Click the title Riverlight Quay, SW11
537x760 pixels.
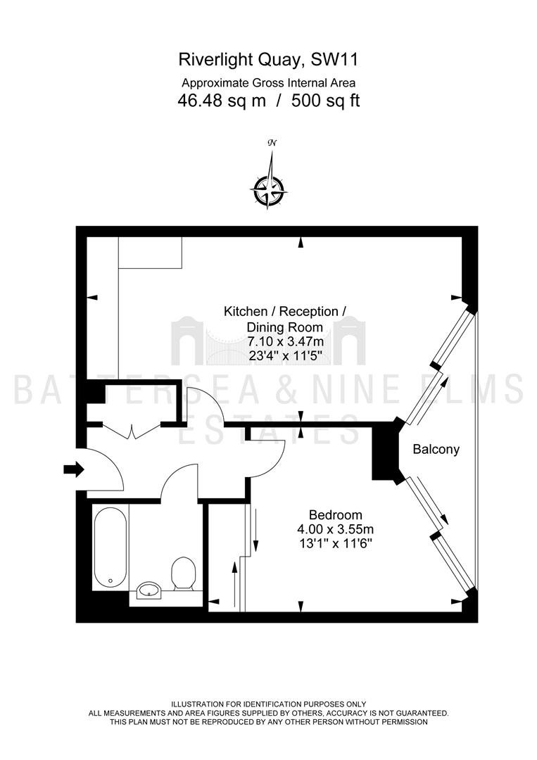click(269, 60)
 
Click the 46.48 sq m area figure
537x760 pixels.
click(222, 101)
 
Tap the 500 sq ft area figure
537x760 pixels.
click(326, 101)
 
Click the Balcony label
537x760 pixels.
click(436, 449)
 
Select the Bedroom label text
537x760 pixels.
click(336, 514)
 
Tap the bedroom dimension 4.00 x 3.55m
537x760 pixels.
click(336, 528)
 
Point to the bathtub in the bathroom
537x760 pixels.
click(110, 547)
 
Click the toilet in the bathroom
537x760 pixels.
click(183, 574)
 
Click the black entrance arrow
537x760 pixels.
click(74, 469)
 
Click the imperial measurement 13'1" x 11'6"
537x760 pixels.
click(336, 543)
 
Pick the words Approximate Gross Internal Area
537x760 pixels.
click(269, 82)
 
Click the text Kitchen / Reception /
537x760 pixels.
click(285, 311)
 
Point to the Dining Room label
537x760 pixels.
click(285, 327)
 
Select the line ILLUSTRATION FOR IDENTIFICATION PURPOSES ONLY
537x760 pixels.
click(269, 704)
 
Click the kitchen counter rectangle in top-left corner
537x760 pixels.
click(150, 252)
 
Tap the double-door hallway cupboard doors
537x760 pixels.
click(132, 431)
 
